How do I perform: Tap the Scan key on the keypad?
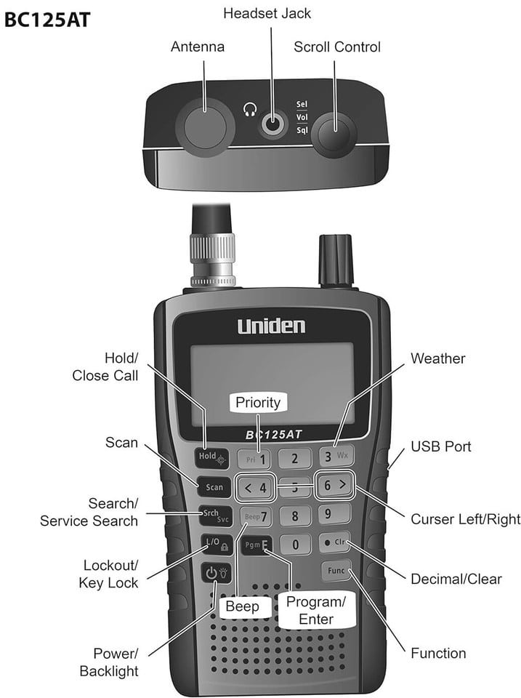[x=214, y=487]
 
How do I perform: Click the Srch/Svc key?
[x=216, y=516]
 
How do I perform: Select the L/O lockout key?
[x=217, y=544]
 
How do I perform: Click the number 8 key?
[x=295, y=516]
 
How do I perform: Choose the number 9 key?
[x=334, y=514]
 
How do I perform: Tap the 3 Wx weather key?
[x=336, y=456]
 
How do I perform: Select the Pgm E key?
[x=257, y=545]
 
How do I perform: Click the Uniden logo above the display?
[x=272, y=326]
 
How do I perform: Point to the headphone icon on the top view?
[x=251, y=110]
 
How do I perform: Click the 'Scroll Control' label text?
[x=337, y=47]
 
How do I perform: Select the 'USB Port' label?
[x=440, y=446]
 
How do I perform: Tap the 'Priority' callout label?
[x=258, y=402]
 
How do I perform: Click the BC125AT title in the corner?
[x=47, y=20]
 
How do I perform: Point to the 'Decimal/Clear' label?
[x=456, y=579]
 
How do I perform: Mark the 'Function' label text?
[x=438, y=653]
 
